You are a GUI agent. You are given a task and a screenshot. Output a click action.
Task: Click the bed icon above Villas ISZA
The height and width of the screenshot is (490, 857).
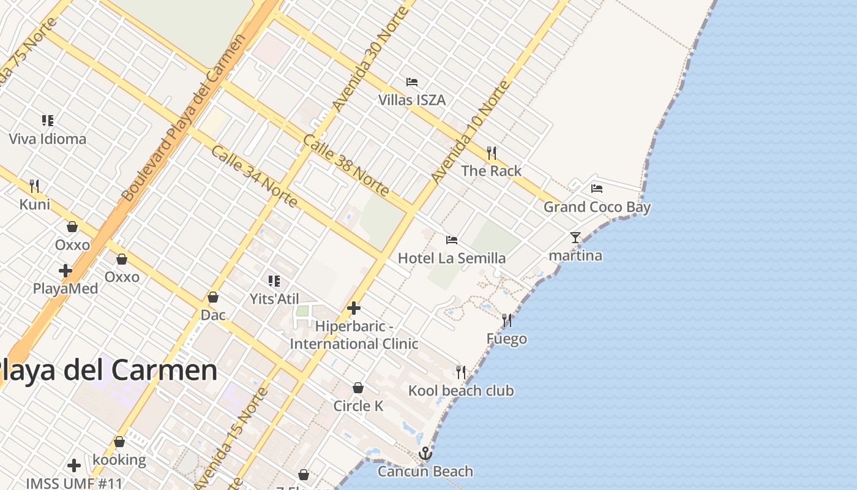point(412,81)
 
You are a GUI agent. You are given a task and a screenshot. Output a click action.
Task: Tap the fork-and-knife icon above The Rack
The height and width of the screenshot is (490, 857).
point(492,153)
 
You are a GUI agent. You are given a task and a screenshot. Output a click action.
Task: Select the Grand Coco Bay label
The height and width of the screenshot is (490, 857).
point(597,207)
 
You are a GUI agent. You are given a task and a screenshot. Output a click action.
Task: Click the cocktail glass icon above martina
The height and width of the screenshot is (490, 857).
point(575,237)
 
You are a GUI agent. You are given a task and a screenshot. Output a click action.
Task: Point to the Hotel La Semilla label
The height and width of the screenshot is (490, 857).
point(452,258)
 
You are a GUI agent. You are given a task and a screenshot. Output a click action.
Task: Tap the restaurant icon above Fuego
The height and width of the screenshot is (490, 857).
point(507,320)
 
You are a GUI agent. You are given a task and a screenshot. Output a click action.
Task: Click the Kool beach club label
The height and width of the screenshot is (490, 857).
point(461,391)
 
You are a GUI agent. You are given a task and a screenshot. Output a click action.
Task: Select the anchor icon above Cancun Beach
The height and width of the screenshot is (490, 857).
point(425,453)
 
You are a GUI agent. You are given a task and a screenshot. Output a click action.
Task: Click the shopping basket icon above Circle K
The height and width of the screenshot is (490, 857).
point(358,388)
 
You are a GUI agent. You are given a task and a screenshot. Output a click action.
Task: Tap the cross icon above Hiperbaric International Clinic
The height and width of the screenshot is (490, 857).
point(354,308)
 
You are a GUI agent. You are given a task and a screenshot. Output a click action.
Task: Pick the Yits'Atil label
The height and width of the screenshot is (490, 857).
point(274,299)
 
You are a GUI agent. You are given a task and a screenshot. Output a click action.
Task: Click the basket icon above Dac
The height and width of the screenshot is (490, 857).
point(213,297)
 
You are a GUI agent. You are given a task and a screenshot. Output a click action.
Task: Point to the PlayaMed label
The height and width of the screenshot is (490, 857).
point(65,288)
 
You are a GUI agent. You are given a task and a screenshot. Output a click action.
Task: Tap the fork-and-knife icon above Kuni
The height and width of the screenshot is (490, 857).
point(35,186)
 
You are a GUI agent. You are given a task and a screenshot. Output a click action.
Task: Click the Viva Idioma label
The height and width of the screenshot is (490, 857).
point(48,139)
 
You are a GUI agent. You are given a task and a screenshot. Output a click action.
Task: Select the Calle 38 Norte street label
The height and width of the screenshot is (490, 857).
point(346,165)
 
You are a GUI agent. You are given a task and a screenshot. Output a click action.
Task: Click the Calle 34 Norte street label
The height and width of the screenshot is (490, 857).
point(254,176)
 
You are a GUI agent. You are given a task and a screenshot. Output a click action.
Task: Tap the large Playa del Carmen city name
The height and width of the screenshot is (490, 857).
point(107,371)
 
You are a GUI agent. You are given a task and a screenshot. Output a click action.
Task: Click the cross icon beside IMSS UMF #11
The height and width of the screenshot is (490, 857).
point(74,466)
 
